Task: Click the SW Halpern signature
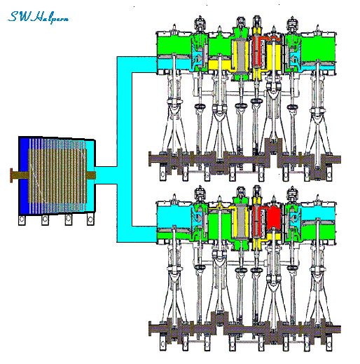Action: click(x=38, y=18)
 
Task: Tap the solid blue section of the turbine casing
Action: click(x=24, y=175)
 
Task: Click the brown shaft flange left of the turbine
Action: click(x=11, y=175)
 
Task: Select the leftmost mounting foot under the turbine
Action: click(x=22, y=220)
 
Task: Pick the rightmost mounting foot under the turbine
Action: click(x=90, y=220)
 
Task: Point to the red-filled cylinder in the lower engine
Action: click(x=273, y=218)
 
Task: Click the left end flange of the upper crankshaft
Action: click(x=150, y=159)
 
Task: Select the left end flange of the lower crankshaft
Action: click(x=150, y=329)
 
